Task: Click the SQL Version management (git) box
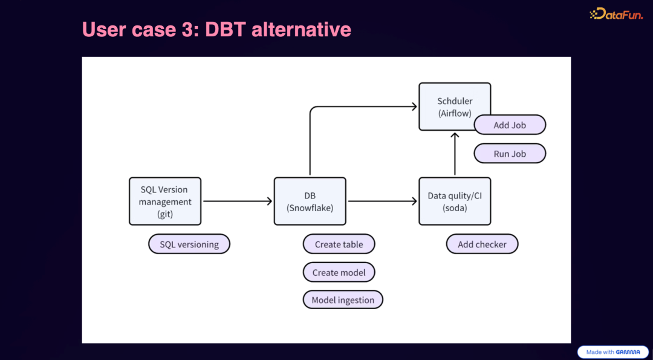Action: [x=165, y=201]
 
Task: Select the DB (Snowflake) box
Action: [x=310, y=201]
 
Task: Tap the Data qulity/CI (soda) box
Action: [x=455, y=201]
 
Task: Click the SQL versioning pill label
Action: [x=189, y=244]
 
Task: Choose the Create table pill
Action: [x=339, y=244]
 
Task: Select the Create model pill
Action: [x=339, y=272]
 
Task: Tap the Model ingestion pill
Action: [x=343, y=300]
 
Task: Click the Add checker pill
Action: [x=482, y=244]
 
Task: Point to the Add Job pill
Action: [x=510, y=125]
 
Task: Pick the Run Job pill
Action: [x=510, y=154]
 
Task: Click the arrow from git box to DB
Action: [x=237, y=201]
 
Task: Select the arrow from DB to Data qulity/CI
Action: [x=382, y=201]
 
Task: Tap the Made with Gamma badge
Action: [x=612, y=352]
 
